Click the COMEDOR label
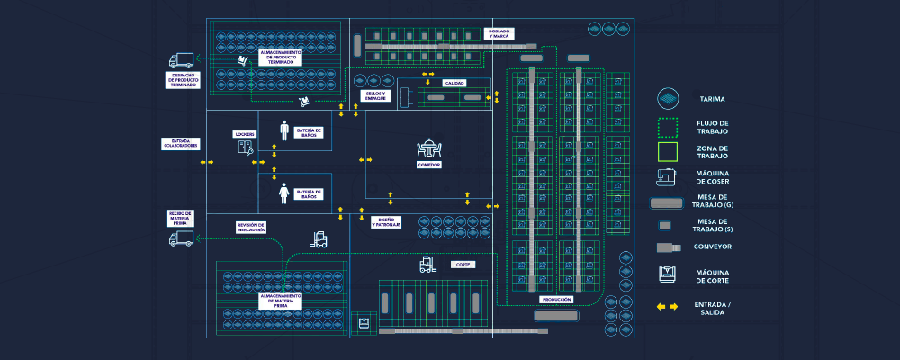click(428, 166)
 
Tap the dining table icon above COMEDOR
click(428, 148)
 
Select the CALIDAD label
click(454, 83)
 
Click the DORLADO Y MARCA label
click(499, 33)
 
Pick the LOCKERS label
click(245, 134)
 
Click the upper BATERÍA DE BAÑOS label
click(309, 132)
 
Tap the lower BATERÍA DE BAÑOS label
click(309, 193)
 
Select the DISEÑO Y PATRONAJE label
click(385, 221)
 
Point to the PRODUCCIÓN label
click(557, 299)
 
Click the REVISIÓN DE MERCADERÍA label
click(251, 228)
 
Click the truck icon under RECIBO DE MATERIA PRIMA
click(181, 238)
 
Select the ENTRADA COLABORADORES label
click(180, 144)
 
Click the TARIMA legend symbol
click(667, 97)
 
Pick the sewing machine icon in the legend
click(667, 176)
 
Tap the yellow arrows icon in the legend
click(667, 307)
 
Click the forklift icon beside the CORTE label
click(427, 265)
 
